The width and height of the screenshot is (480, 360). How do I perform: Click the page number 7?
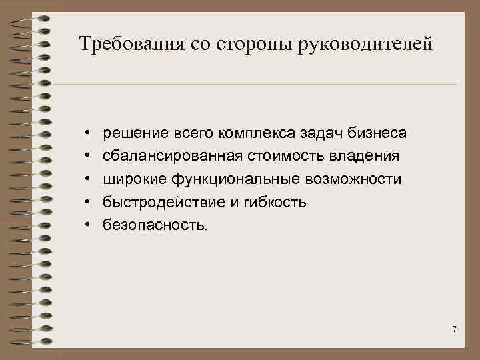pyautogui.click(x=454, y=329)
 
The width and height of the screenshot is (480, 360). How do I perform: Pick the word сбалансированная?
pyautogui.click(x=169, y=156)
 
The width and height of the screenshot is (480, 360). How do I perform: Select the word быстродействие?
pyautogui.click(x=161, y=203)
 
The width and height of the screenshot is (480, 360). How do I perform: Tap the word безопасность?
pyautogui.click(x=155, y=225)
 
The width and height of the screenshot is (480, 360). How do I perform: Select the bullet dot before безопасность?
pyautogui.click(x=88, y=226)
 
